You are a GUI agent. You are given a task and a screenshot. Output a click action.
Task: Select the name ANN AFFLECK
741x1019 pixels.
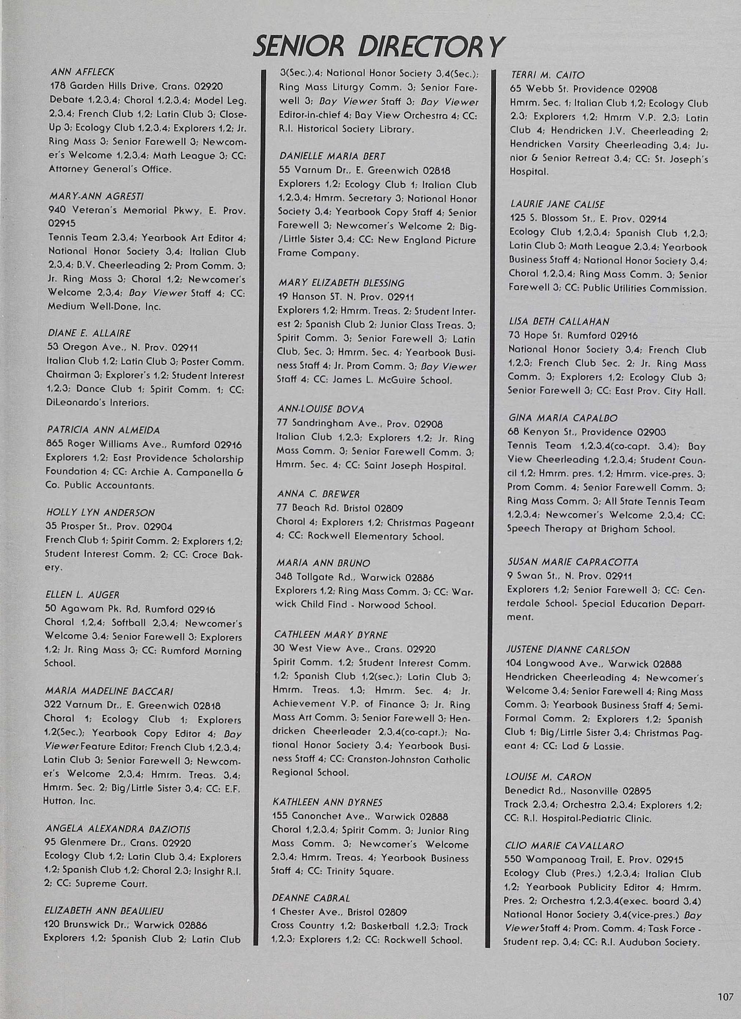(x=82, y=72)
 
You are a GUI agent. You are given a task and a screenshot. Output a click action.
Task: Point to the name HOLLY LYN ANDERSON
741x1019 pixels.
(x=100, y=513)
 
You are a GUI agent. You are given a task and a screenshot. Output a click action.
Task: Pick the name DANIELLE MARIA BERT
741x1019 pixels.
(x=332, y=156)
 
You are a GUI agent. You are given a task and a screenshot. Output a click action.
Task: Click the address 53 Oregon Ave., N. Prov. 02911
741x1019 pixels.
(x=122, y=347)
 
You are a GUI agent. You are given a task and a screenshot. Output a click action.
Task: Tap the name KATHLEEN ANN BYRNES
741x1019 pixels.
(x=327, y=801)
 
